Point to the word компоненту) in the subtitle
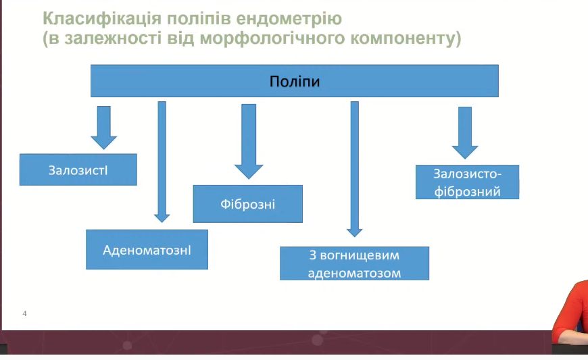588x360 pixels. point(403,38)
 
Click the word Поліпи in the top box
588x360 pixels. point(294,82)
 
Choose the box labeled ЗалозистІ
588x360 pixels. point(78,170)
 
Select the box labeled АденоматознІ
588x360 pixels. point(147,249)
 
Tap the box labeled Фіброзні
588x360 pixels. point(247,203)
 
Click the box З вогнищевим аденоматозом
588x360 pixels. point(354,263)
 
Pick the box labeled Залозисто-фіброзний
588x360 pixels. point(467,182)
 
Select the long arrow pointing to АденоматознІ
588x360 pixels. point(162,162)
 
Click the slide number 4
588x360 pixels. point(24,314)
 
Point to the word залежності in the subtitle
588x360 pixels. point(101,38)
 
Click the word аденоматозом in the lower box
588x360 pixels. point(354,273)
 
